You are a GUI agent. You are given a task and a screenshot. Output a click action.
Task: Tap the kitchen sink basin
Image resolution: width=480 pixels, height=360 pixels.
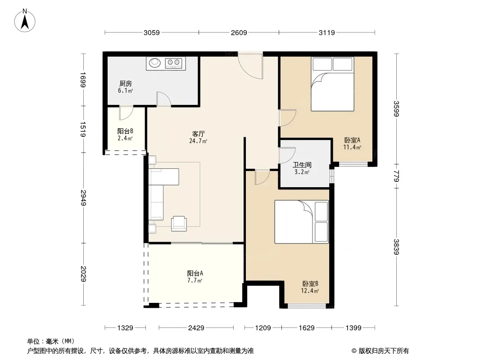point(155,63)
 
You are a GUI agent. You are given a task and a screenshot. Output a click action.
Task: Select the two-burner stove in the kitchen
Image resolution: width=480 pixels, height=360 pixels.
point(173,63)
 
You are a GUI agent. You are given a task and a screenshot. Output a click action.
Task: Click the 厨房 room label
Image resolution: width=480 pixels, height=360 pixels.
point(126,83)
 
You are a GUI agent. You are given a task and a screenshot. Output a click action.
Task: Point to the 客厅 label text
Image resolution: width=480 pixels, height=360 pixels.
point(199,134)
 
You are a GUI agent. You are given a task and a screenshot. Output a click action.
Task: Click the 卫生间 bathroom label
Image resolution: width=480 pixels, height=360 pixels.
point(302,165)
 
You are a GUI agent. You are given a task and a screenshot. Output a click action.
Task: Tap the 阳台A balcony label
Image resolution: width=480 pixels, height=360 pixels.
point(195,273)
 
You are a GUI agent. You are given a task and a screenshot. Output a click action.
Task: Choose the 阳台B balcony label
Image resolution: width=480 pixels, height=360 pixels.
point(125,131)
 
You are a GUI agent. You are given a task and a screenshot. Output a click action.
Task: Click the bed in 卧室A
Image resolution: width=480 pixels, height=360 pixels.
point(332,84)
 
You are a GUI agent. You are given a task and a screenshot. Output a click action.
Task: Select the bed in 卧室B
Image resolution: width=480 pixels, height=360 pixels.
point(302,222)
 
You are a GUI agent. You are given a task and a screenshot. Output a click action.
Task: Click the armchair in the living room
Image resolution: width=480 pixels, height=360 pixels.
point(179,223)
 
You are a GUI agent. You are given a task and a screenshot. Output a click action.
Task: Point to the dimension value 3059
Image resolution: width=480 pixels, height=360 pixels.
point(152,32)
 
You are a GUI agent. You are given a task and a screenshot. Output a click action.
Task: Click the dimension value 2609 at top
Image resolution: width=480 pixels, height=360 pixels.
point(239,32)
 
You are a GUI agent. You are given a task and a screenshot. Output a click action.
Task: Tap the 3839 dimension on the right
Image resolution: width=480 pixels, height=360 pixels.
point(396,247)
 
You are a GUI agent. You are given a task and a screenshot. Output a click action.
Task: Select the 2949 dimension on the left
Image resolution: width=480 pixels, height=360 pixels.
point(83,198)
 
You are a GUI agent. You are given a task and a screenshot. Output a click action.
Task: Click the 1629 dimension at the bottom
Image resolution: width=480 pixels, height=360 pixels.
point(307,328)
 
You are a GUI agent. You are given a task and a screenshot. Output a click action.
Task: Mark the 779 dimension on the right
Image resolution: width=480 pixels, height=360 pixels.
point(396,177)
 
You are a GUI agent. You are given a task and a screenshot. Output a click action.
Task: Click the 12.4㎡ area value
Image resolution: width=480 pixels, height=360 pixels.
point(310,291)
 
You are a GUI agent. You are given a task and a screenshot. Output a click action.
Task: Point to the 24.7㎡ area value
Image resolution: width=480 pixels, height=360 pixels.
point(198,141)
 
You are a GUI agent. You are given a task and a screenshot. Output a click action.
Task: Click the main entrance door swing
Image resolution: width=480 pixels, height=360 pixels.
point(250,65)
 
